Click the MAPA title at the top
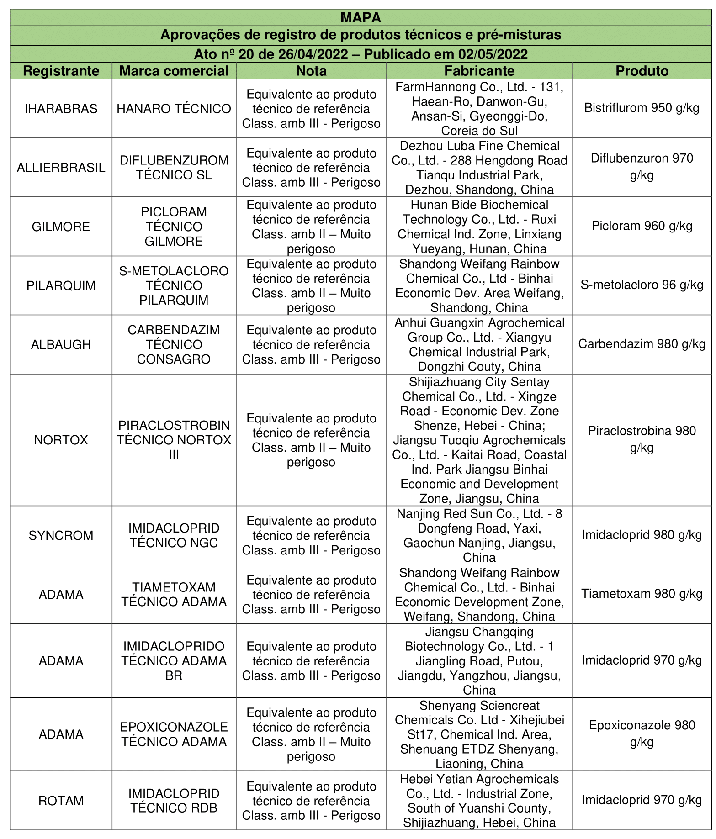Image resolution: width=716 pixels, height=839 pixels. click(361, 17)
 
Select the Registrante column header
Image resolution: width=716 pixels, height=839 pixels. click(61, 71)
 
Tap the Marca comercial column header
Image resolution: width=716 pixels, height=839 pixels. click(174, 71)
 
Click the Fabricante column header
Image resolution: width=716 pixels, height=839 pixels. click(479, 71)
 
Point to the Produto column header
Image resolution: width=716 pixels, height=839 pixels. click(642, 71)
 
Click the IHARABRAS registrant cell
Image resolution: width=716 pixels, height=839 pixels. click(61, 109)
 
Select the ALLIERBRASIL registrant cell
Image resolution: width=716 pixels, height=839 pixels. click(61, 168)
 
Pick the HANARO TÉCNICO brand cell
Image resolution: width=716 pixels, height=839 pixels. click(174, 109)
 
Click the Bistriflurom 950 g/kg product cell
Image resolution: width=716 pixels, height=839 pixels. click(642, 108)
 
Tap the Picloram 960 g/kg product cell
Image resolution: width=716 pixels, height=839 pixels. click(642, 226)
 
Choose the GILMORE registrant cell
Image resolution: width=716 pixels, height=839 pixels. click(61, 227)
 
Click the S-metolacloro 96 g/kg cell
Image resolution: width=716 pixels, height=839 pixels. click(642, 285)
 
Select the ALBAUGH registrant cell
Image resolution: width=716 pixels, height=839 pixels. click(61, 344)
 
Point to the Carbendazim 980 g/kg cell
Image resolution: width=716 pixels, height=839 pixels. click(642, 344)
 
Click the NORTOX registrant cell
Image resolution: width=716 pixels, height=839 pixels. click(61, 440)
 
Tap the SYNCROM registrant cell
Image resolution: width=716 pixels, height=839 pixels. click(61, 535)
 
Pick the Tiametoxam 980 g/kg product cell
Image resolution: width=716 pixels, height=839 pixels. click(642, 594)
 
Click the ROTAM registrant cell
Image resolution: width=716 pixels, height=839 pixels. click(61, 801)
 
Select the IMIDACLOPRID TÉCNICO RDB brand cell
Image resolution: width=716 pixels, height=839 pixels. click(174, 801)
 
